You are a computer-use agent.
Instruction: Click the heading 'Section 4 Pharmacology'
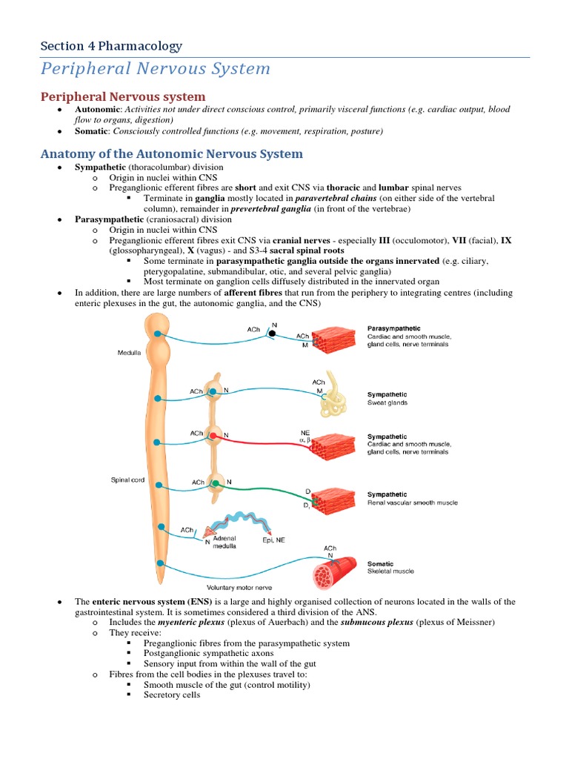(x=111, y=46)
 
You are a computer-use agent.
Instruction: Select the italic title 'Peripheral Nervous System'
(x=156, y=69)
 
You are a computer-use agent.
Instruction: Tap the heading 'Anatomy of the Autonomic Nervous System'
(x=171, y=154)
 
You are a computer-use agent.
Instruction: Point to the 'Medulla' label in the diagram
(x=129, y=353)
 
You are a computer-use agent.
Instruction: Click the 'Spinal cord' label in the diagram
(x=127, y=480)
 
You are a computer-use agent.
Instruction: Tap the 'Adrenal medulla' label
(x=224, y=543)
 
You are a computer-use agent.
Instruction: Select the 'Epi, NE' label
(x=273, y=541)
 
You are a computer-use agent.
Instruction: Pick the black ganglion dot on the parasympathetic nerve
(x=272, y=334)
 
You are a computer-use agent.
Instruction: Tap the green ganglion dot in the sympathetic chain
(x=215, y=483)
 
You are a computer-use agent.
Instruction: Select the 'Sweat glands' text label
(x=387, y=403)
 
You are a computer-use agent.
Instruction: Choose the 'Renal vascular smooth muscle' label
(x=412, y=503)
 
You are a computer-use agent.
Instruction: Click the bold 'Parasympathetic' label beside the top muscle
(x=393, y=328)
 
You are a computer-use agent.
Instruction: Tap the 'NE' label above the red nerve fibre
(x=305, y=431)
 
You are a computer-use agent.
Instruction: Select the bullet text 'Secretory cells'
(x=171, y=695)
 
